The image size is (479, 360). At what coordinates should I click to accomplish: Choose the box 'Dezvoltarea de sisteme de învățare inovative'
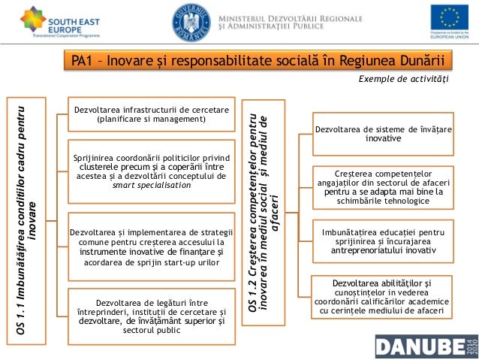[x=383, y=134]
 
